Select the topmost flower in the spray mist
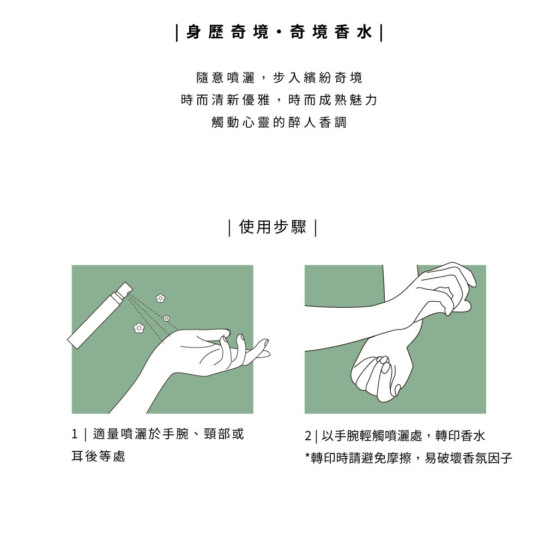pos(160,298)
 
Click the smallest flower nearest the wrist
pos(166,318)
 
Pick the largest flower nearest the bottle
pos(138,328)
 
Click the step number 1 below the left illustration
pos(74,434)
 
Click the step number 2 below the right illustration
pos(308,436)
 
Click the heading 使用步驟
pos(272,227)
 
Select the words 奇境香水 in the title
pos(331,32)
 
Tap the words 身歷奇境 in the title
pos(227,32)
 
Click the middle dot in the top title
pos(279,33)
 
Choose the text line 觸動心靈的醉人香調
pos(279,122)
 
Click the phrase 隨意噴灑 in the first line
pos(225,77)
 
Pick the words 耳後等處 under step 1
pos(99,456)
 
